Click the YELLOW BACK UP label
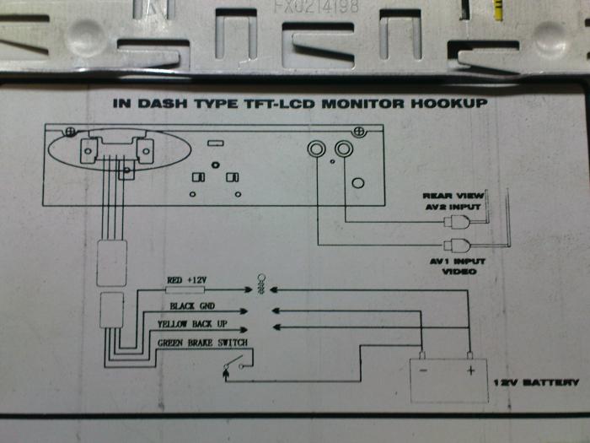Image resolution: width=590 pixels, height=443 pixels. (x=193, y=324)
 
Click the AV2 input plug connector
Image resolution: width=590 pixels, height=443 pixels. (x=460, y=223)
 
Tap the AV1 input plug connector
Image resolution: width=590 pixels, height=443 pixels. (x=460, y=246)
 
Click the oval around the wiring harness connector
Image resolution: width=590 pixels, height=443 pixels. (x=113, y=150)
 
